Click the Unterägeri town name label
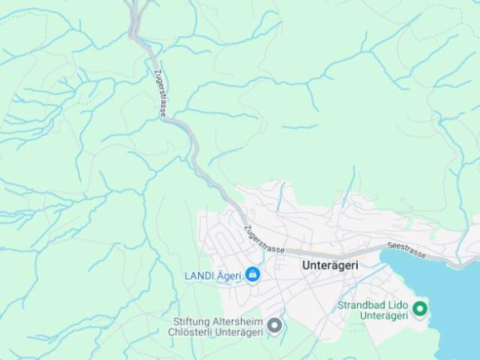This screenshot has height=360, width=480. tap(330, 265)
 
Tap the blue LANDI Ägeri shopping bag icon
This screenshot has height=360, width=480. tap(253, 275)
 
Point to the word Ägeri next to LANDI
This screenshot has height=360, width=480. tap(229, 275)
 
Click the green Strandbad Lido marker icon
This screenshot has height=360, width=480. tap(420, 308)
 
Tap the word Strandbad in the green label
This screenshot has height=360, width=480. tap(361, 305)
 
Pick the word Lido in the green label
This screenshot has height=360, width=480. tap(398, 305)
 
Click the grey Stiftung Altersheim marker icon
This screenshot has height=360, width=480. tap(274, 325)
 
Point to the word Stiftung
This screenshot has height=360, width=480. tap(192, 321)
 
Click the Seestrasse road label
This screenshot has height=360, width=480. tap(406, 250)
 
